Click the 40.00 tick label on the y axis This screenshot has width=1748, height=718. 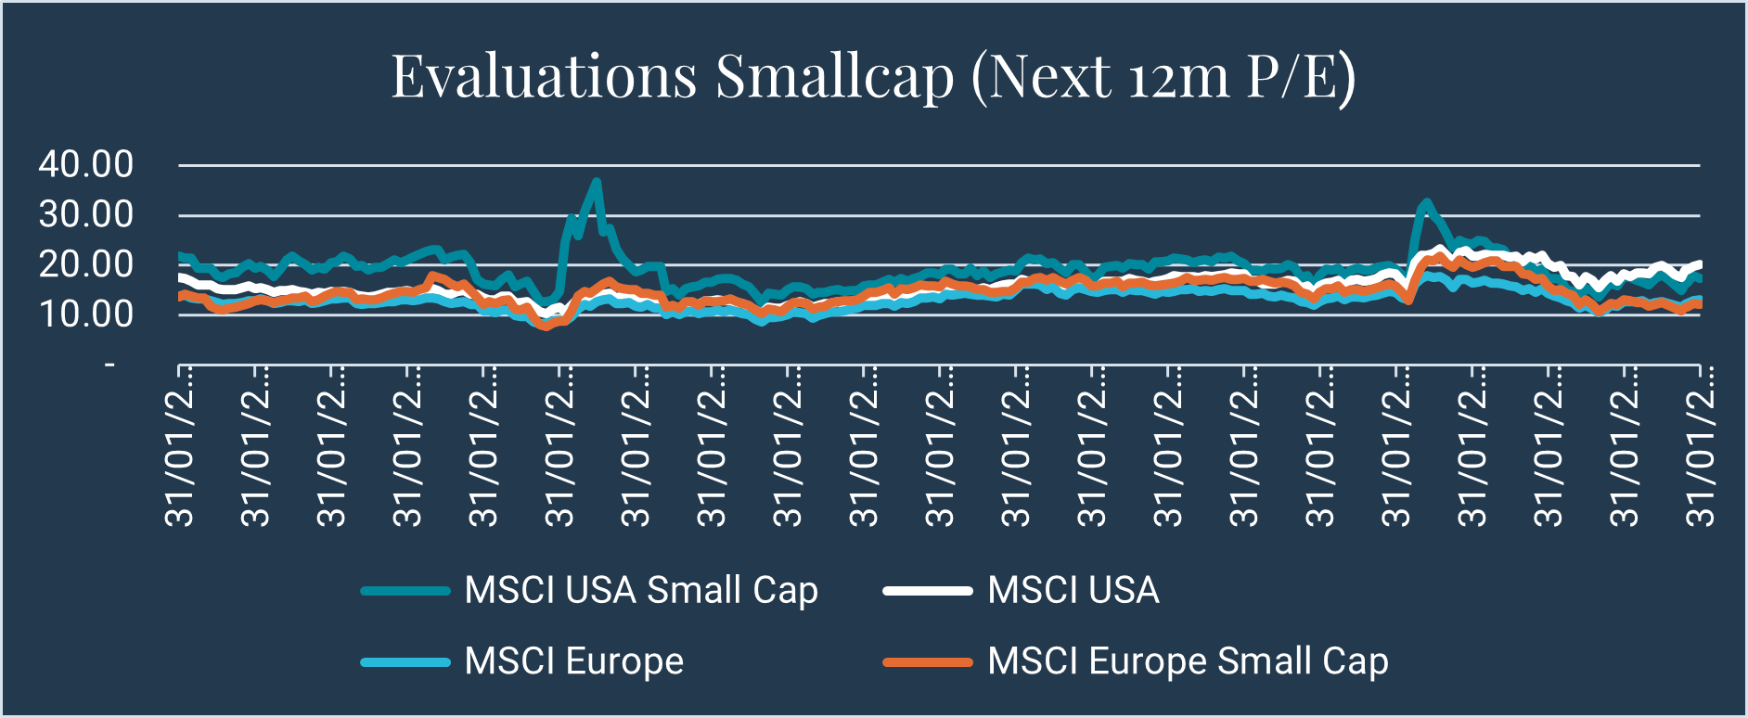click(86, 165)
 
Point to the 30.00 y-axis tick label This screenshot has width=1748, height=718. click(86, 215)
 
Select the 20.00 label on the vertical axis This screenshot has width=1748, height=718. click(86, 265)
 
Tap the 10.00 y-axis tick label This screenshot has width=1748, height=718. click(86, 314)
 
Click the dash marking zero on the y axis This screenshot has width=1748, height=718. click(110, 365)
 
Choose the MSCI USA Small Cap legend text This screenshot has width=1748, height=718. click(641, 591)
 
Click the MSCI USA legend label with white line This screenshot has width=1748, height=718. click(1073, 591)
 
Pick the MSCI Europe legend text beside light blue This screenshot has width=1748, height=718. click(574, 661)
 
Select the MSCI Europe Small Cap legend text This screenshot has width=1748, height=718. click(1188, 661)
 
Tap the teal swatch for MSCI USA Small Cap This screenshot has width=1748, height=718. click(405, 591)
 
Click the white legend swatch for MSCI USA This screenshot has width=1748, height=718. click(928, 591)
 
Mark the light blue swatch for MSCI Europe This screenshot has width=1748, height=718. click(405, 662)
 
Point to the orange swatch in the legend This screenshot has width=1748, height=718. click(928, 662)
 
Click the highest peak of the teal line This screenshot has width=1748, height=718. click(597, 182)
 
